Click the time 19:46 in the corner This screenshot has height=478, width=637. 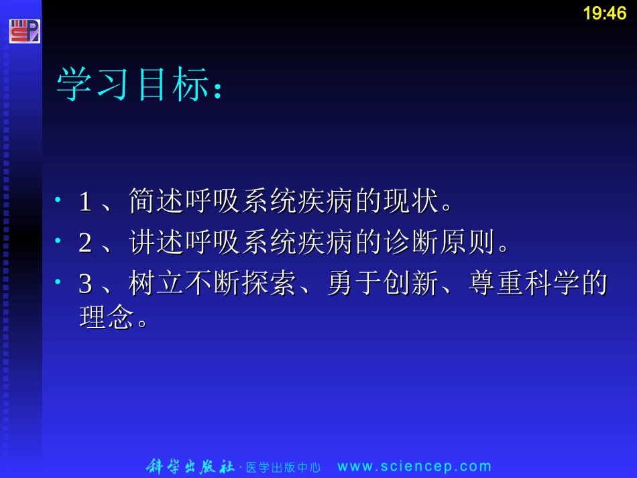tap(604, 13)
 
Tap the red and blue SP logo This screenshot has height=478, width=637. tap(24, 31)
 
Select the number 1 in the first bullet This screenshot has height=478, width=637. tap(85, 201)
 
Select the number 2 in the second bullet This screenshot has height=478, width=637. tap(85, 243)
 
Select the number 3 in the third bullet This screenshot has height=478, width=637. tap(85, 284)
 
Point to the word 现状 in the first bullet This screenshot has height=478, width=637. tap(406, 201)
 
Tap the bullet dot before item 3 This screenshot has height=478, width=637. tap(59, 283)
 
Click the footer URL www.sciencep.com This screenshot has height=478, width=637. tap(414, 467)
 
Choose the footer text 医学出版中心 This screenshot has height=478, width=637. tap(284, 468)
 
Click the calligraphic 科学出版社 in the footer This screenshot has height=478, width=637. tap(190, 467)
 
